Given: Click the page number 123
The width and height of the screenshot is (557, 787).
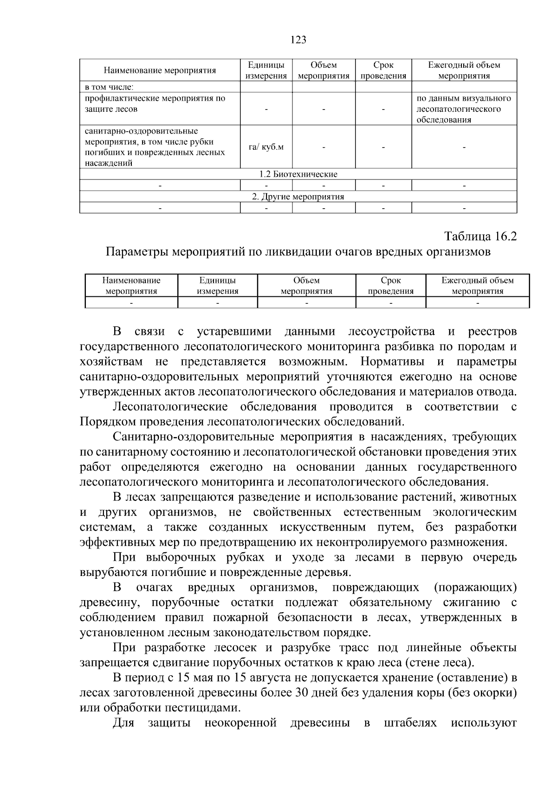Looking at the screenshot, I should (x=298, y=40).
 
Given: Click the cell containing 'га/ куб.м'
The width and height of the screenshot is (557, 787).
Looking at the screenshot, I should (x=266, y=147).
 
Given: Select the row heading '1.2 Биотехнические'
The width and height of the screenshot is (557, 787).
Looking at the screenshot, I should (x=298, y=174).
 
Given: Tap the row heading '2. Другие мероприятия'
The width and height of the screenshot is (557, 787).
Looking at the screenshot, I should (x=298, y=197).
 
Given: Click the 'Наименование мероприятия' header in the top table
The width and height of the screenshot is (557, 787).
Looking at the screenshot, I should (x=160, y=70).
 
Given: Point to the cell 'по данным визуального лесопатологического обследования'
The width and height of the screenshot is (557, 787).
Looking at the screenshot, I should (x=464, y=109).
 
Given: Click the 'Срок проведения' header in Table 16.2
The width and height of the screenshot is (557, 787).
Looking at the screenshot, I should (x=390, y=286).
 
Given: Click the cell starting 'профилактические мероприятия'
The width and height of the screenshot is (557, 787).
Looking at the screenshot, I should (x=155, y=104).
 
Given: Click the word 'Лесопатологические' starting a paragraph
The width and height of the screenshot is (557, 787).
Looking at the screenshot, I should (x=170, y=407).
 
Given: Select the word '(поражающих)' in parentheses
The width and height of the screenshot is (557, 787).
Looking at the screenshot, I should (x=475, y=588).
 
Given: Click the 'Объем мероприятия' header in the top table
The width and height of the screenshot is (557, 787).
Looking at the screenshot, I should (x=323, y=70).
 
